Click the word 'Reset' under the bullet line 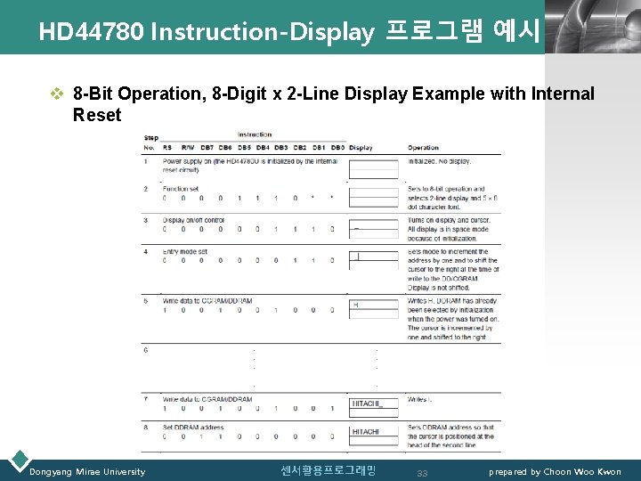97,115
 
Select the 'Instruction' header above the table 256,135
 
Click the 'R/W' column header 187,147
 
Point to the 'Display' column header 361,147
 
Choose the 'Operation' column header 424,147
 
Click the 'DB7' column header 207,147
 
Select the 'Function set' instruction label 181,189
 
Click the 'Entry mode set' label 184,251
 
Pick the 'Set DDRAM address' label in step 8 192,428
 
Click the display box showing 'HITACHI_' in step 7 373,404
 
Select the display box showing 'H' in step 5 373,306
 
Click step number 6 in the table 145,350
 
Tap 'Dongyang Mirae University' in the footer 87,471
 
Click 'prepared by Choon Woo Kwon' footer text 555,471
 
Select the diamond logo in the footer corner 17,461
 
